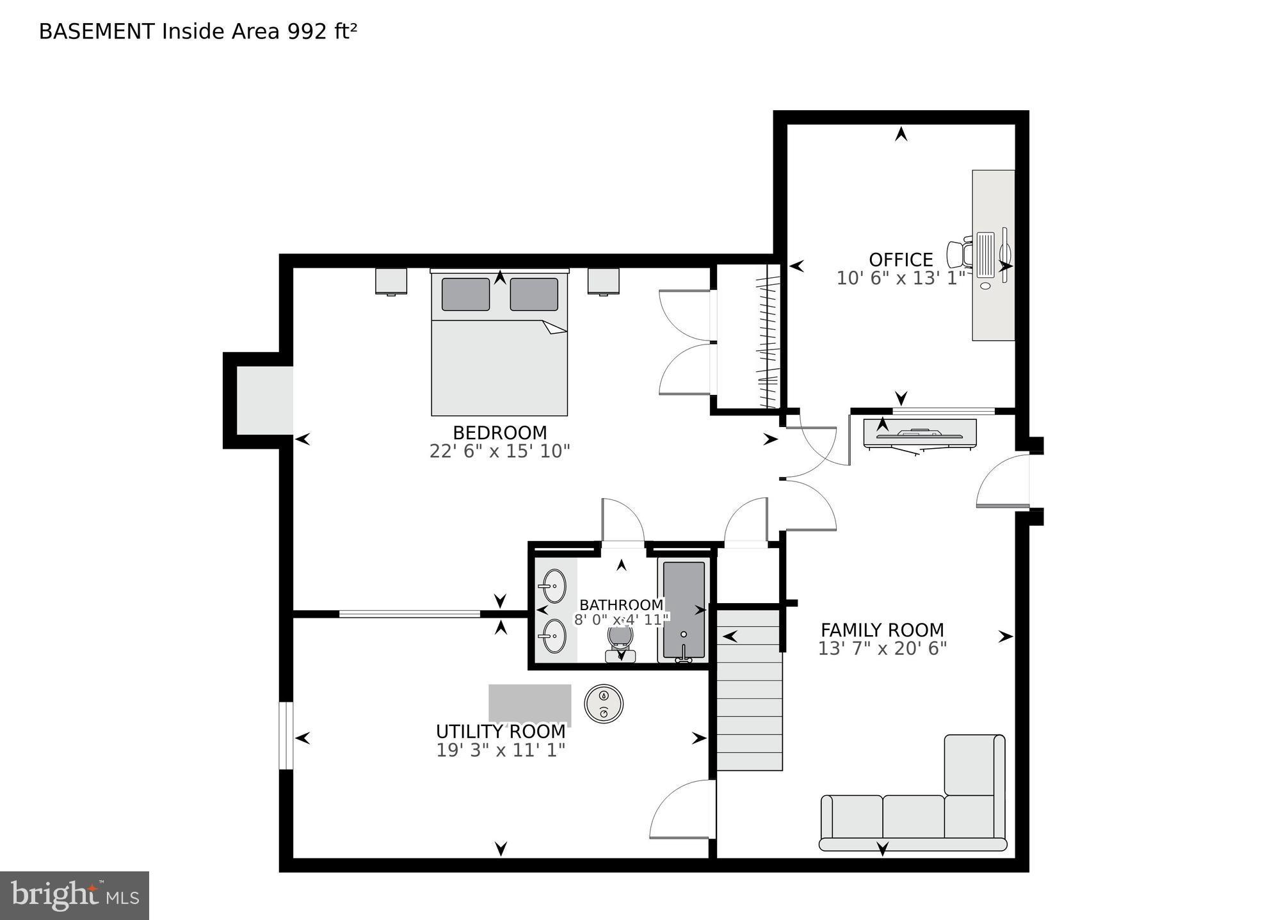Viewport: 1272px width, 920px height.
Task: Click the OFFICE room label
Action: pos(900,260)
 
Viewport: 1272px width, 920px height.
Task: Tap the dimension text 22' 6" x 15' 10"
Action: pos(499,451)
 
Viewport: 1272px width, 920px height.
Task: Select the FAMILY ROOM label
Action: pos(882,630)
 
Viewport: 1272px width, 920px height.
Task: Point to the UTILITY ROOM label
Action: pos(501,731)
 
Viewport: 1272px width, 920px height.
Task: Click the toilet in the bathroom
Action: pos(620,642)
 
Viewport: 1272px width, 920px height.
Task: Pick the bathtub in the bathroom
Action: pos(684,609)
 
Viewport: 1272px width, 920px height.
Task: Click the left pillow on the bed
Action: pos(465,295)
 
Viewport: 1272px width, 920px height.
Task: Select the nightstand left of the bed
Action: pos(391,281)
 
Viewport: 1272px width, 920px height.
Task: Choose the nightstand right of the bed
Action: pos(603,281)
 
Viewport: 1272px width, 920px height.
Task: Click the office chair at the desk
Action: pos(960,253)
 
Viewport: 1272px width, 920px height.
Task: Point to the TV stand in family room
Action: pos(920,433)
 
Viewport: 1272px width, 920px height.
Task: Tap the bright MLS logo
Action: pos(74,896)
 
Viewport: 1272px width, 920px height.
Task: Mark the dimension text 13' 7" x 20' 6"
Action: pos(882,649)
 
